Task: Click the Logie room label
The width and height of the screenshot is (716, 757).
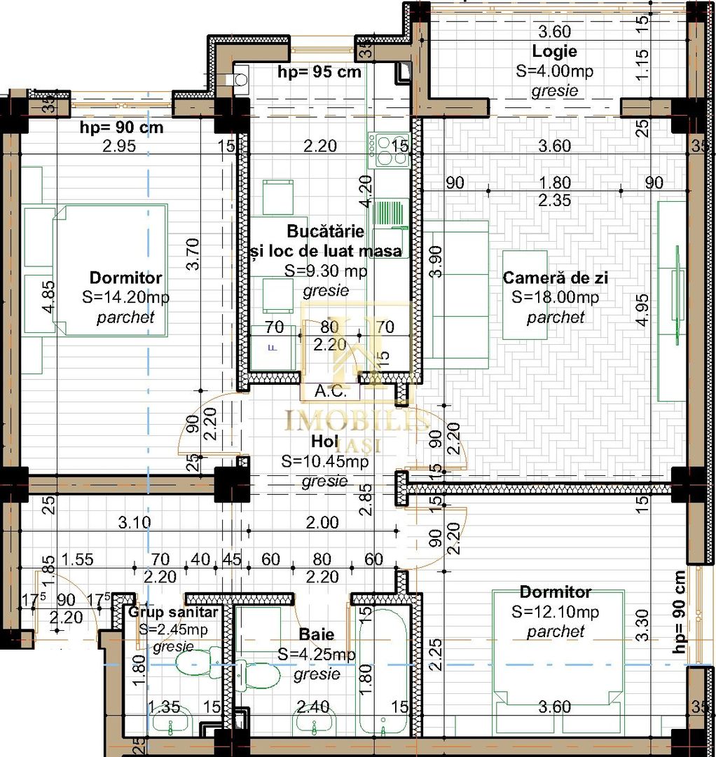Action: click(x=554, y=51)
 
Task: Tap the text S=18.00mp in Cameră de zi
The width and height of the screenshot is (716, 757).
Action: click(x=555, y=297)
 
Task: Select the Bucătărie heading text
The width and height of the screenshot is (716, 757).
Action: click(x=326, y=231)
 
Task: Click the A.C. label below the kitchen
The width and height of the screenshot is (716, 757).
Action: click(x=330, y=391)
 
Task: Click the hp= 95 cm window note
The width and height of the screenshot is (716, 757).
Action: click(x=319, y=71)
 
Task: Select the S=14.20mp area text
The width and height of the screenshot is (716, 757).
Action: click(x=125, y=297)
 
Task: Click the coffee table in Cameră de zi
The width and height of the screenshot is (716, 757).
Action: click(x=525, y=294)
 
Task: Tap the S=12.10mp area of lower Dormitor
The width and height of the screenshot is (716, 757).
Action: click(x=555, y=612)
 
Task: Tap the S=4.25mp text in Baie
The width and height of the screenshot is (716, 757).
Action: click(x=317, y=655)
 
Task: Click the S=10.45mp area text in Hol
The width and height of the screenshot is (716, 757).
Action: click(x=324, y=462)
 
